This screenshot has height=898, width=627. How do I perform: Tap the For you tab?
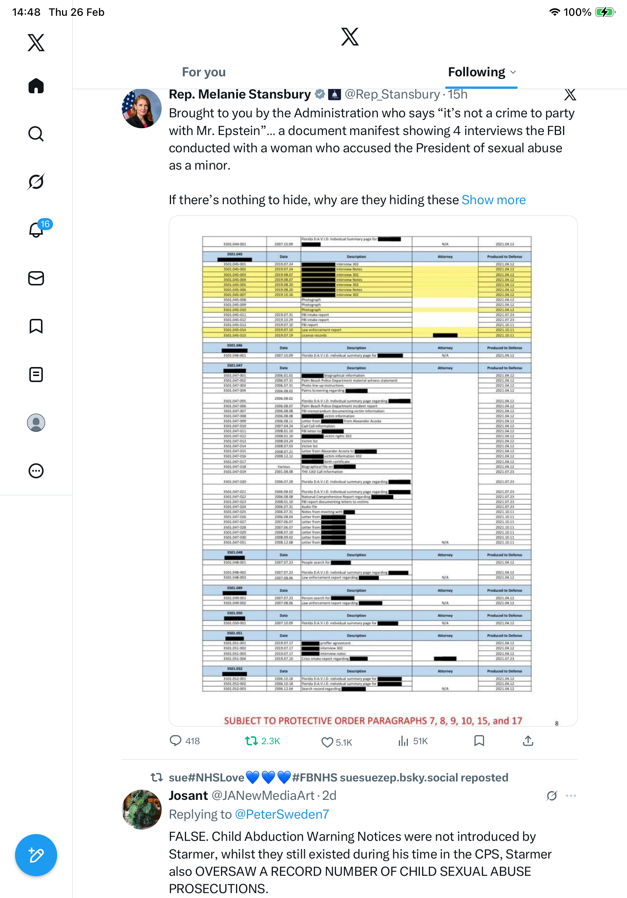tap(204, 72)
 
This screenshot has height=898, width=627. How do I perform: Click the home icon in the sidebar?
tap(36, 86)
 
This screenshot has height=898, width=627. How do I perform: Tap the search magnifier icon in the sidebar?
tap(36, 134)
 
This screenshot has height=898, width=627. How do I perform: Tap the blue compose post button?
tap(36, 855)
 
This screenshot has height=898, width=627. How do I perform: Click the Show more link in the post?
tap(493, 200)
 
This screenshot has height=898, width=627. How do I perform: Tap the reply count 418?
tap(185, 741)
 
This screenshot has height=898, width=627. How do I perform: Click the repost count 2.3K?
tap(263, 741)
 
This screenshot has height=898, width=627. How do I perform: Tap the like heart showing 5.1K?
tap(336, 742)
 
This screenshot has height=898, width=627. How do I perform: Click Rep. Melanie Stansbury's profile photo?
tap(141, 108)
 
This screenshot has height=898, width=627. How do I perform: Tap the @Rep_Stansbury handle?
tap(392, 94)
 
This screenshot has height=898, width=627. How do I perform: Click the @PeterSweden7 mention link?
tap(282, 814)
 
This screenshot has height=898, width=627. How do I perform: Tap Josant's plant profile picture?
tap(141, 809)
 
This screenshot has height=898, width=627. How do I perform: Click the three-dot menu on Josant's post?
tap(571, 796)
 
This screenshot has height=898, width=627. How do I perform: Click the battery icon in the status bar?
tap(604, 12)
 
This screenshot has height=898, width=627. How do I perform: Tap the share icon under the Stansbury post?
tap(528, 741)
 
